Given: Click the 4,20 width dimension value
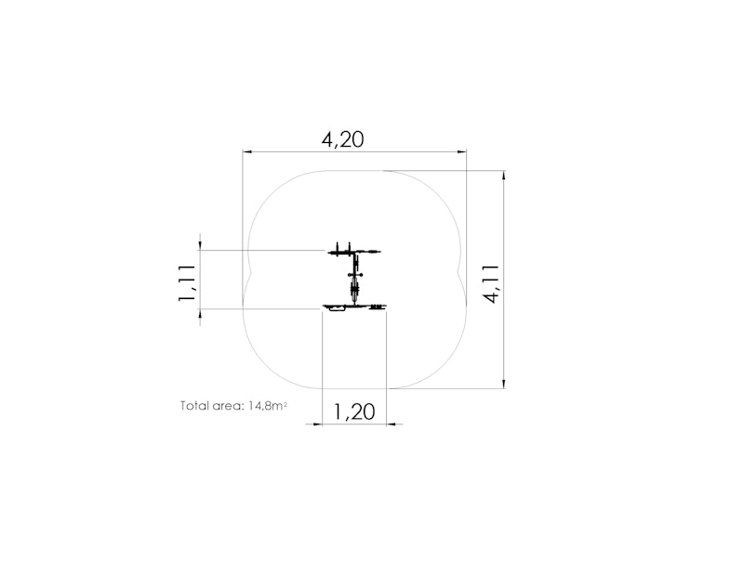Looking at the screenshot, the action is [x=342, y=140].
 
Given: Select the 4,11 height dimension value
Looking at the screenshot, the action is [x=491, y=283].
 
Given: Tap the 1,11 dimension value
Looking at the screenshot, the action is [x=187, y=282].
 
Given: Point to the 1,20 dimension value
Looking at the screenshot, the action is [x=354, y=411].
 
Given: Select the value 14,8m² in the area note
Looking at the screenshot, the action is [x=268, y=406].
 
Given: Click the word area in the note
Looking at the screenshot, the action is [x=228, y=407].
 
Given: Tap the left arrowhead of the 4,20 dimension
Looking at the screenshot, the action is [x=247, y=151].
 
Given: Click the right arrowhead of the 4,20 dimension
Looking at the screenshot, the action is [x=461, y=151].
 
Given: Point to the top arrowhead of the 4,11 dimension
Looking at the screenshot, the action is [x=504, y=176].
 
